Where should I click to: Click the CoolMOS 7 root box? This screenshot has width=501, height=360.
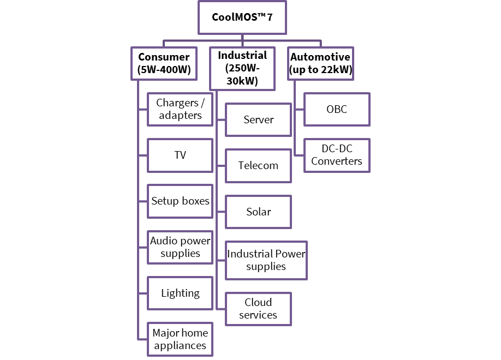242,17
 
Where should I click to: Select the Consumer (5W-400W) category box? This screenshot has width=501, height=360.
164,63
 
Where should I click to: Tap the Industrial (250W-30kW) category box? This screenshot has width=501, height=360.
242,69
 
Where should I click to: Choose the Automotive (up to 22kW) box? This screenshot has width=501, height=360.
320,63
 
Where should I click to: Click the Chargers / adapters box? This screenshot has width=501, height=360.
180,109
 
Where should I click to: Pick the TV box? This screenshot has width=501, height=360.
180,155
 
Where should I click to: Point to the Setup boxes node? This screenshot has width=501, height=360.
180,201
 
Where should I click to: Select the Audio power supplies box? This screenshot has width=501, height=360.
180,247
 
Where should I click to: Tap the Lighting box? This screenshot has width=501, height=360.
180,293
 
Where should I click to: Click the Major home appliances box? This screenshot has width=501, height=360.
180,339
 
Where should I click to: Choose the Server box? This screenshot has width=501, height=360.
259,119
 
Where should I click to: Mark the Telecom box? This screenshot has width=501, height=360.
259,165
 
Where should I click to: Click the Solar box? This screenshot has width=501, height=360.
259,212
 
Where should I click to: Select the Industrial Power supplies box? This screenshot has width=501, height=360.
266,260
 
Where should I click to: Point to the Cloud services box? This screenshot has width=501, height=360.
259,309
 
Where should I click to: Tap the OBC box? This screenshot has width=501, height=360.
337,109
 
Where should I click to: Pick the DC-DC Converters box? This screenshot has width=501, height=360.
337,155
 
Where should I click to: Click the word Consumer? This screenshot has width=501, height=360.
164,57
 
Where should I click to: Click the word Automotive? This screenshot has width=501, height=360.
320,57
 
